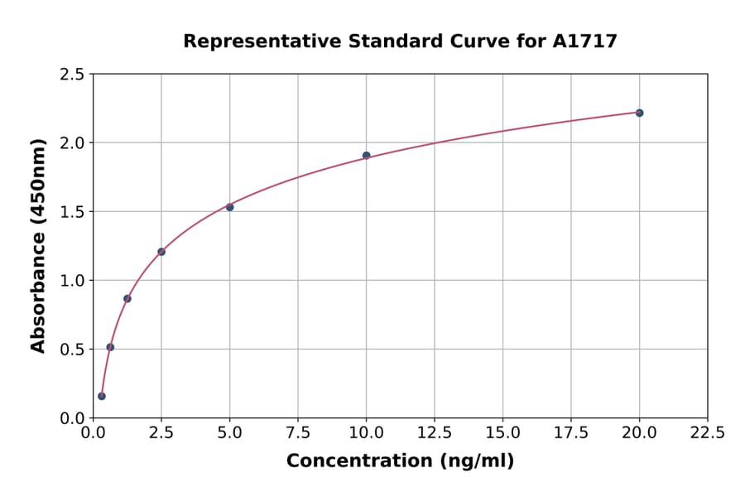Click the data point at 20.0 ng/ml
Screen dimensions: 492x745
[639, 113]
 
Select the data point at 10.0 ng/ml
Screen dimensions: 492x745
[367, 156]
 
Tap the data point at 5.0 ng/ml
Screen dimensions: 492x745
[230, 207]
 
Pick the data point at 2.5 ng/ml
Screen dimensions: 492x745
[161, 252]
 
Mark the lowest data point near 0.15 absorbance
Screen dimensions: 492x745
[102, 396]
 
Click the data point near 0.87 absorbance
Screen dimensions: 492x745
[127, 298]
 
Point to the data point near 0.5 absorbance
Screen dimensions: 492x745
[110, 347]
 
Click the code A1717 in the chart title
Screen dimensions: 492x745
[584, 41]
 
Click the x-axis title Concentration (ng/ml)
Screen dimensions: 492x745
[400, 461]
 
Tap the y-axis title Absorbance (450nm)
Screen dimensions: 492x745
[38, 245]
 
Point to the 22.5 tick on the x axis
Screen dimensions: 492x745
[708, 433]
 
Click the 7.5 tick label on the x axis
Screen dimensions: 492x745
[298, 433]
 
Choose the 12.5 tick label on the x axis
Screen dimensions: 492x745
[435, 433]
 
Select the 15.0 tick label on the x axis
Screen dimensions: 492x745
[502, 433]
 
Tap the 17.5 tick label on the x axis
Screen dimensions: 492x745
[571, 433]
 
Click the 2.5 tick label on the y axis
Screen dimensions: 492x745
[72, 75]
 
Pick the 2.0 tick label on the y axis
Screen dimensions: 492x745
[72, 143]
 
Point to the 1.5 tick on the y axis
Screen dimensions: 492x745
[72, 212]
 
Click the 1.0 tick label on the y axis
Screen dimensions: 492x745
[72, 281]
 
